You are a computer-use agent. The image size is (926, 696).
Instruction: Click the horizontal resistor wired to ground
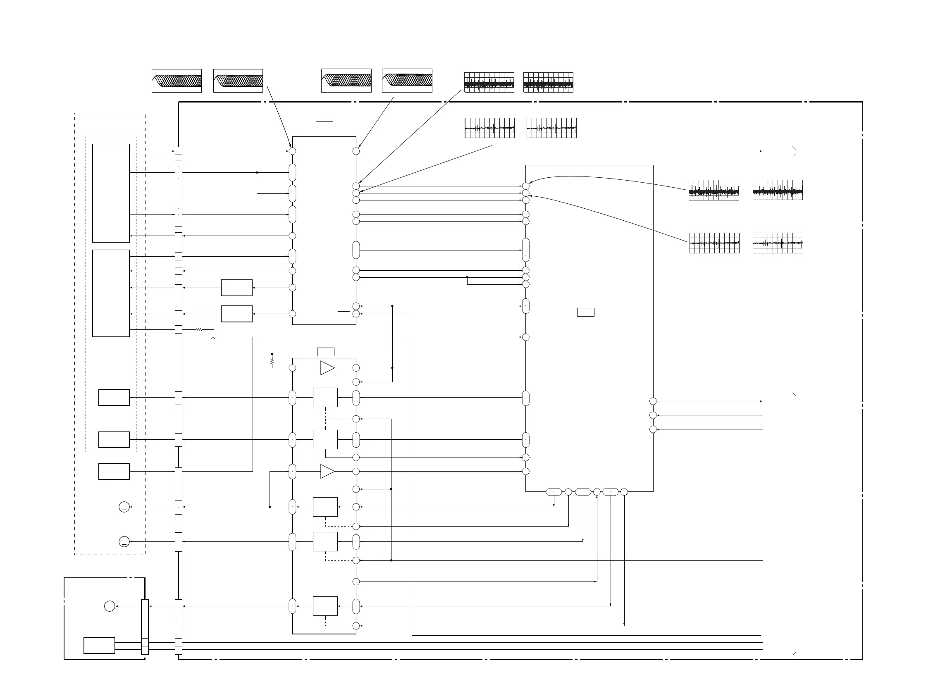tap(199, 330)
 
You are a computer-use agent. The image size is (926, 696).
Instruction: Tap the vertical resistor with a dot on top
tap(272, 360)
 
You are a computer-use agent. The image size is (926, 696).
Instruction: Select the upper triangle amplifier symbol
tap(327, 368)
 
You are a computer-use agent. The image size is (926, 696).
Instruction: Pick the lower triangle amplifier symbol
tap(327, 472)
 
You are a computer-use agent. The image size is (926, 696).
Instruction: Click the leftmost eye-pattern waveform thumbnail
tap(177, 81)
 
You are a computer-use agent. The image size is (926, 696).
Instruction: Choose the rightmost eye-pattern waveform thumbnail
tap(407, 81)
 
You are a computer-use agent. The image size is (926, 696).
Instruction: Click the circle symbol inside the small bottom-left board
tap(110, 606)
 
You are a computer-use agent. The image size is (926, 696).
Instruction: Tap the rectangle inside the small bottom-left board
tap(99, 645)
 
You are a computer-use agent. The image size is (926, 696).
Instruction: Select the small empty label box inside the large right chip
tap(586, 312)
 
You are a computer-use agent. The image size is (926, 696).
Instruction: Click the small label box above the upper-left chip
tap(325, 117)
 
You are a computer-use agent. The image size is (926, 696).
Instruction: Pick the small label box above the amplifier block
tap(326, 352)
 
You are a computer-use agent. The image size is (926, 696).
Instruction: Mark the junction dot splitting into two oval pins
tap(257, 172)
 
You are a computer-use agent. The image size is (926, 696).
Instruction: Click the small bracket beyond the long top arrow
tap(794, 152)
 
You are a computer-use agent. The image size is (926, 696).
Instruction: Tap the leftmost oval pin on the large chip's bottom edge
tap(554, 492)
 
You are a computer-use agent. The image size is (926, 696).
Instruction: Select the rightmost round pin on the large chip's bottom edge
tap(624, 492)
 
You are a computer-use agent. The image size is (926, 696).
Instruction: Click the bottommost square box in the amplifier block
tap(325, 606)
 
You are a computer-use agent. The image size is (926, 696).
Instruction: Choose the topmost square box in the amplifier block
tap(325, 398)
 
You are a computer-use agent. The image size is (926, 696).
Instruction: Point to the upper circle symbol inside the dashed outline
tap(124, 507)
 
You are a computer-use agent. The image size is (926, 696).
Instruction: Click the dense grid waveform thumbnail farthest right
tap(778, 190)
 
